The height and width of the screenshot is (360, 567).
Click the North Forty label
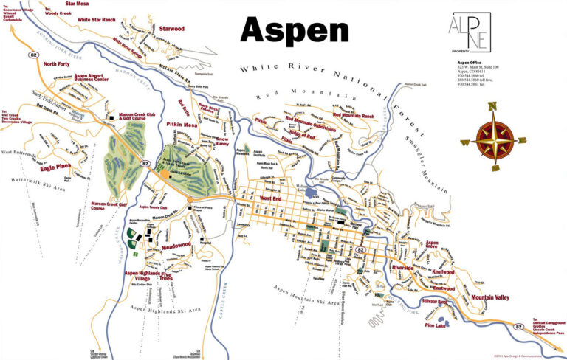(x=56, y=64)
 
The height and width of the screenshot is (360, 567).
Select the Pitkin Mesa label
(x=181, y=126)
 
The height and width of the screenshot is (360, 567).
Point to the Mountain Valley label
(x=491, y=297)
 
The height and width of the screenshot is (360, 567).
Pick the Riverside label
(x=402, y=267)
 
